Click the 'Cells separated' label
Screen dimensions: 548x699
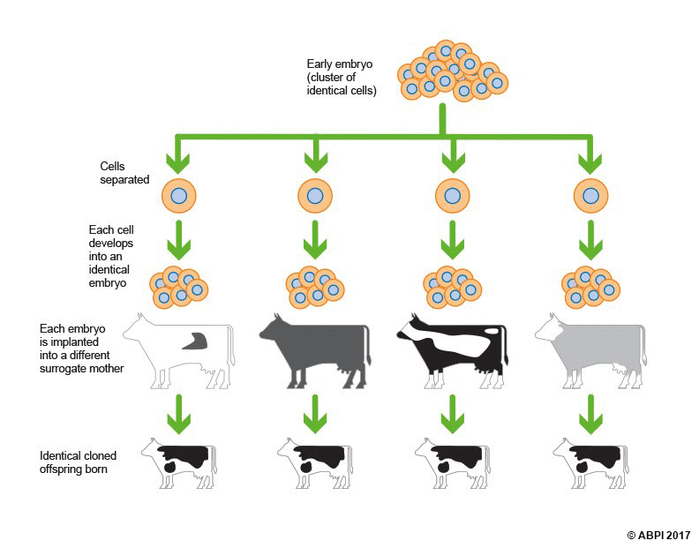pos(124,172)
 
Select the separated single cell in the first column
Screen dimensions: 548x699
pos(178,196)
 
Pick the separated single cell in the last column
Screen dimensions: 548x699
pos(589,196)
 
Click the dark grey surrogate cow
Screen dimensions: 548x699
pos(313,349)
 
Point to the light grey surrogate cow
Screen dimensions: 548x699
pos(587,349)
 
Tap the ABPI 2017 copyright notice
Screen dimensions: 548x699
pos(658,535)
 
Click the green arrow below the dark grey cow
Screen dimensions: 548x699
pos(314,413)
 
